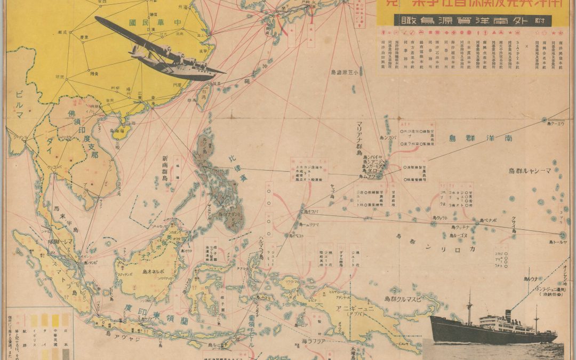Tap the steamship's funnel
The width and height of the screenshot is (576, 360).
[x=508, y=316]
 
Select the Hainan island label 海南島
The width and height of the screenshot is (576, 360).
[x=118, y=130]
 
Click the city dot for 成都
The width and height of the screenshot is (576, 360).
[x=67, y=32]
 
